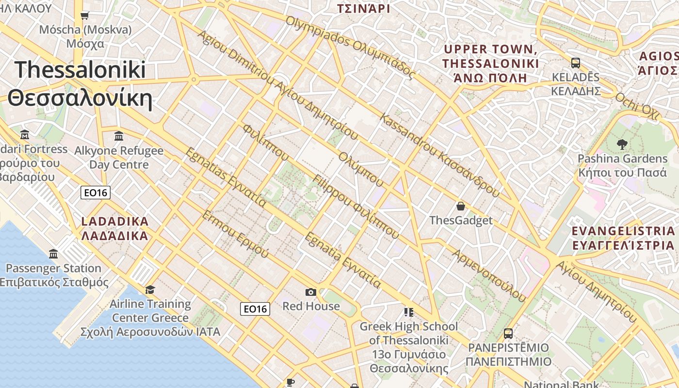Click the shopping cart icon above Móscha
coord(85,16)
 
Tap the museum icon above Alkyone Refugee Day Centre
coord(119,136)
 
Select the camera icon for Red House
coord(311,292)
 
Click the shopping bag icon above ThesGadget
coord(461,206)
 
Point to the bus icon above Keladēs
coord(576,63)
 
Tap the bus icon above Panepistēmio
coord(508,334)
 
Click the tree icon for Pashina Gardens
coord(622,144)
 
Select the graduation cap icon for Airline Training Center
coord(150,290)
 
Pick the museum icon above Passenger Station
coord(53,254)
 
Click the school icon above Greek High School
coord(408,312)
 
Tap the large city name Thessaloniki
coord(80,70)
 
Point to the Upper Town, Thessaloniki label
coord(490,56)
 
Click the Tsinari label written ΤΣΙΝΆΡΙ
coord(363,8)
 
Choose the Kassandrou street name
coord(439,151)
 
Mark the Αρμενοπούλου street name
coord(489,275)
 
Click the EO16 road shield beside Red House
coord(255,309)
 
